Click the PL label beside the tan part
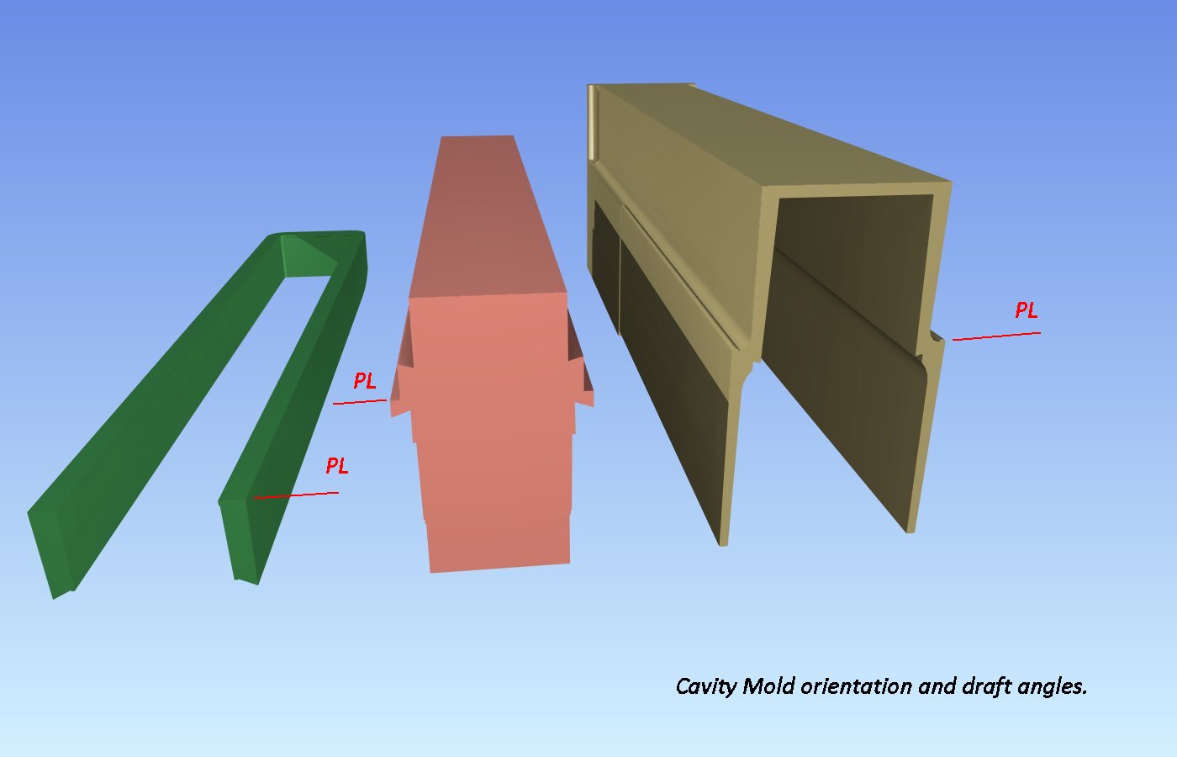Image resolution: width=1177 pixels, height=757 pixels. tap(1027, 310)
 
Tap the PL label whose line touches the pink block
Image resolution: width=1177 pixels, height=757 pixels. tap(365, 380)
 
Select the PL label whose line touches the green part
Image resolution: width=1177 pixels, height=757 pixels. tap(337, 465)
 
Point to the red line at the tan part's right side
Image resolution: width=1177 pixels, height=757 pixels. tap(996, 336)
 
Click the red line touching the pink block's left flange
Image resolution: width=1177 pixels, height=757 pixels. tap(360, 402)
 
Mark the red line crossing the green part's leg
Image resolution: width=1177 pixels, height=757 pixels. tap(296, 495)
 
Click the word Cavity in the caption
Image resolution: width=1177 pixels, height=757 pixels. tap(705, 686)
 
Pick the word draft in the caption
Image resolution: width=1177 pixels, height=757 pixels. tap(985, 686)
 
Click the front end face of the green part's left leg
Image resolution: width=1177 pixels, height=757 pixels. tap(50, 552)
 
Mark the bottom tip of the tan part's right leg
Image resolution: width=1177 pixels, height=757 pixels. tap(910, 532)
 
